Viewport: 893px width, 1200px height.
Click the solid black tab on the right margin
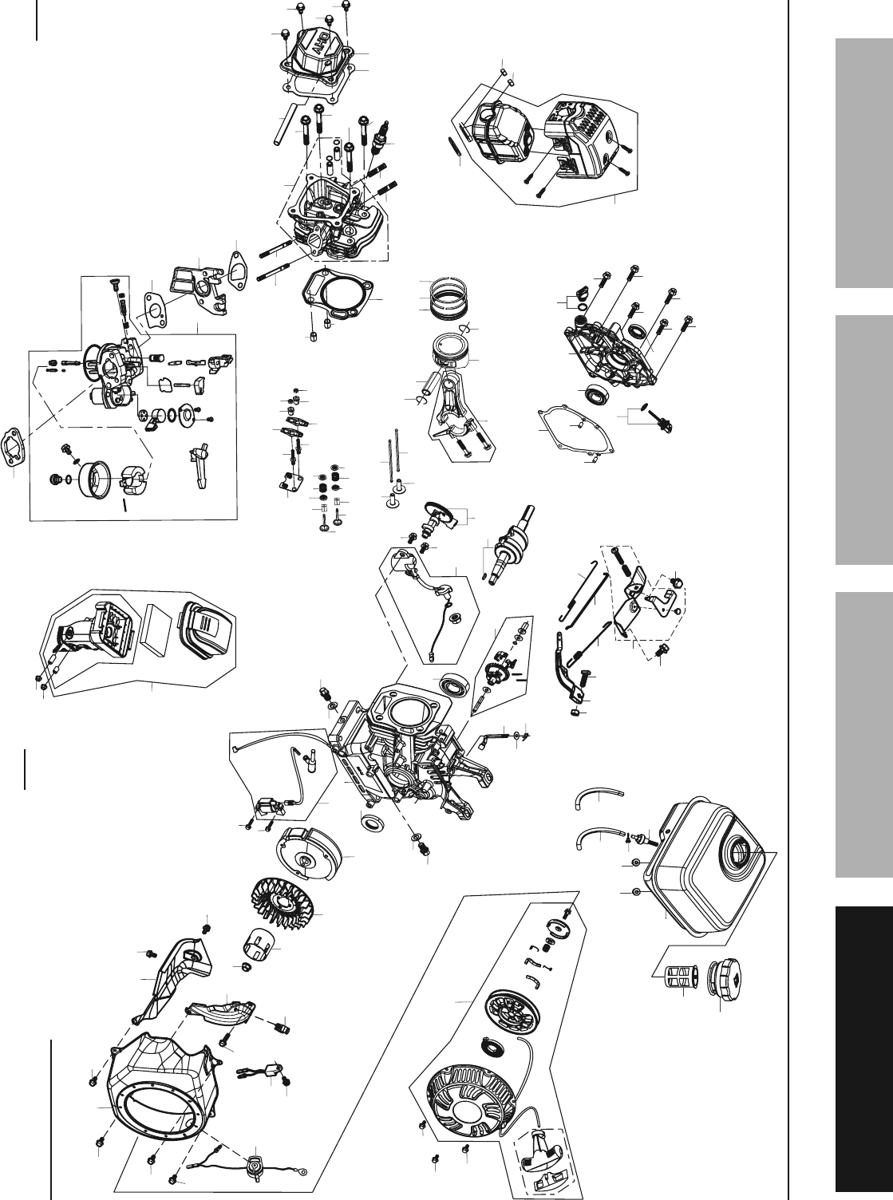pos(864,1052)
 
